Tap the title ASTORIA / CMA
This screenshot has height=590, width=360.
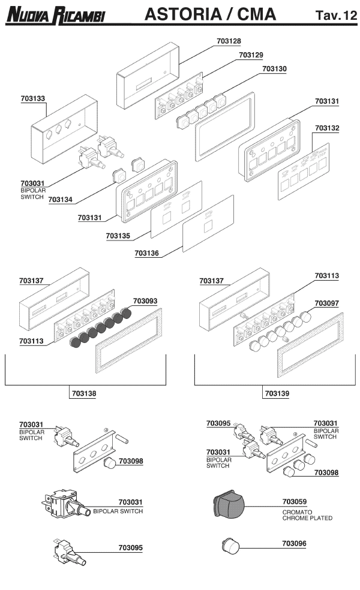[x=211, y=14]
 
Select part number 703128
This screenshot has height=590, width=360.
[x=229, y=41]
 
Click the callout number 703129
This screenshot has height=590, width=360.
[x=251, y=55]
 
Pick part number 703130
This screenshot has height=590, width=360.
[x=274, y=69]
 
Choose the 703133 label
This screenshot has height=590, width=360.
[x=33, y=97]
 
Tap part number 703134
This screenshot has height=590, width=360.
[x=61, y=199]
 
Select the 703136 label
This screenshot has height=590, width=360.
[x=146, y=254]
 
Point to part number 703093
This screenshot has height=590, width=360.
[x=145, y=301]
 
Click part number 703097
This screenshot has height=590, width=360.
[x=327, y=304]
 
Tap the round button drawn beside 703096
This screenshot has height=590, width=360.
[x=229, y=546]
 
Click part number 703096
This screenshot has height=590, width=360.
[x=295, y=543]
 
